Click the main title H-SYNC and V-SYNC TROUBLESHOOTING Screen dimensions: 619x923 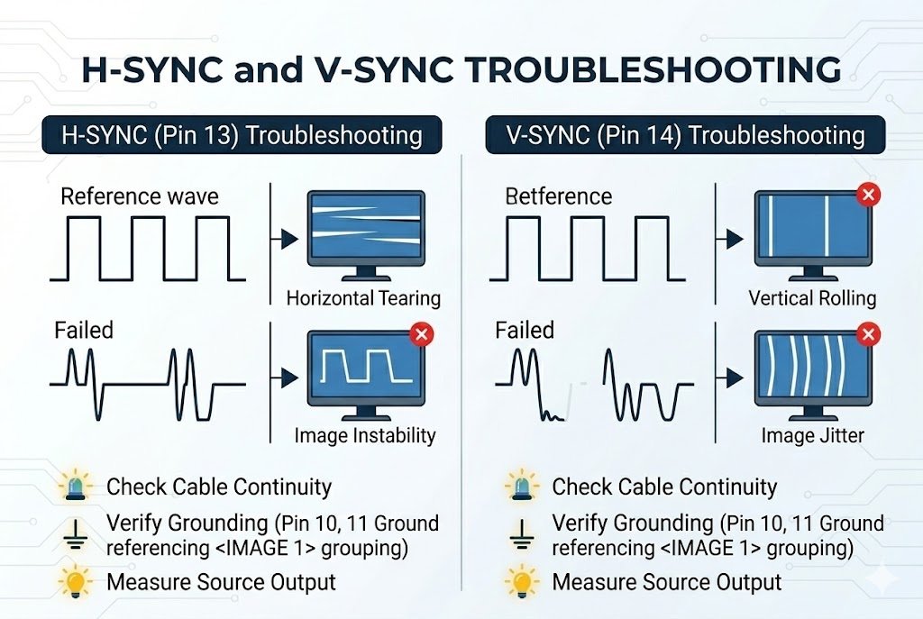tap(461, 71)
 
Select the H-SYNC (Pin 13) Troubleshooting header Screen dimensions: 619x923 tap(242, 136)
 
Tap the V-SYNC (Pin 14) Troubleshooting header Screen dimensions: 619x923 tap(684, 136)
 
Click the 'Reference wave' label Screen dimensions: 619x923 tap(139, 196)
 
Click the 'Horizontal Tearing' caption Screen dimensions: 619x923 tap(362, 298)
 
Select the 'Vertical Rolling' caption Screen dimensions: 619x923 tap(811, 298)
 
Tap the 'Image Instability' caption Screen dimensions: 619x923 tap(365, 436)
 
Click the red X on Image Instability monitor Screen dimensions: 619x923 tap(420, 335)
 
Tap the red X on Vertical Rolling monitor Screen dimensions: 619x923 tap(867, 194)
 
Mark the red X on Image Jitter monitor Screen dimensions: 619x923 tap(867, 335)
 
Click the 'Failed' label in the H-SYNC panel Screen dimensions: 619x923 tap(84, 330)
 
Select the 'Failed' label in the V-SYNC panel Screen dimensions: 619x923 tap(525, 330)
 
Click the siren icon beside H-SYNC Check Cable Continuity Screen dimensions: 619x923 tap(74, 487)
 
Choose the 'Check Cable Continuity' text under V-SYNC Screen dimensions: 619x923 tap(664, 487)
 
